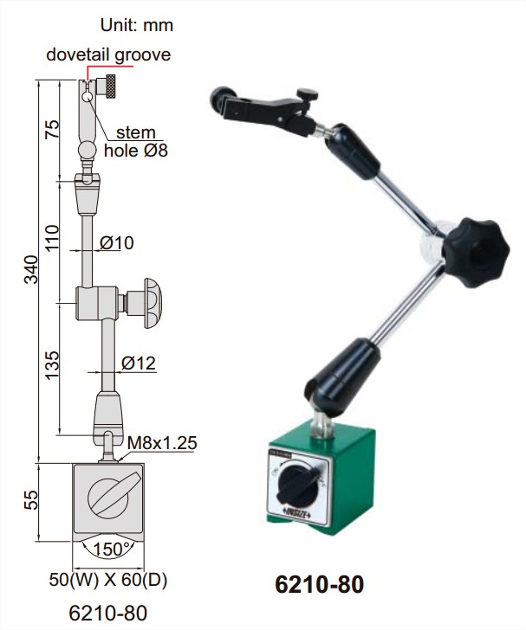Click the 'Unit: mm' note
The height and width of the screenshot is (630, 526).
click(137, 25)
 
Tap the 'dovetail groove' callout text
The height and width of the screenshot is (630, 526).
click(108, 55)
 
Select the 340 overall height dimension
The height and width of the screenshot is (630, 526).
click(31, 269)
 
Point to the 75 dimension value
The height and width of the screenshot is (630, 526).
click(52, 129)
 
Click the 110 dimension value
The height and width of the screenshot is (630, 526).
click(52, 238)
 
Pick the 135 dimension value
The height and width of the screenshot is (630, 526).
click(52, 365)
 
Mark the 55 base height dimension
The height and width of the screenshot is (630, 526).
click(31, 500)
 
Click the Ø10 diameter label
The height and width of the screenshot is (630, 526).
click(117, 242)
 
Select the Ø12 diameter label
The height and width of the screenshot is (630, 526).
click(139, 363)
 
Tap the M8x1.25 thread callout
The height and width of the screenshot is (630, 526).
click(162, 443)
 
